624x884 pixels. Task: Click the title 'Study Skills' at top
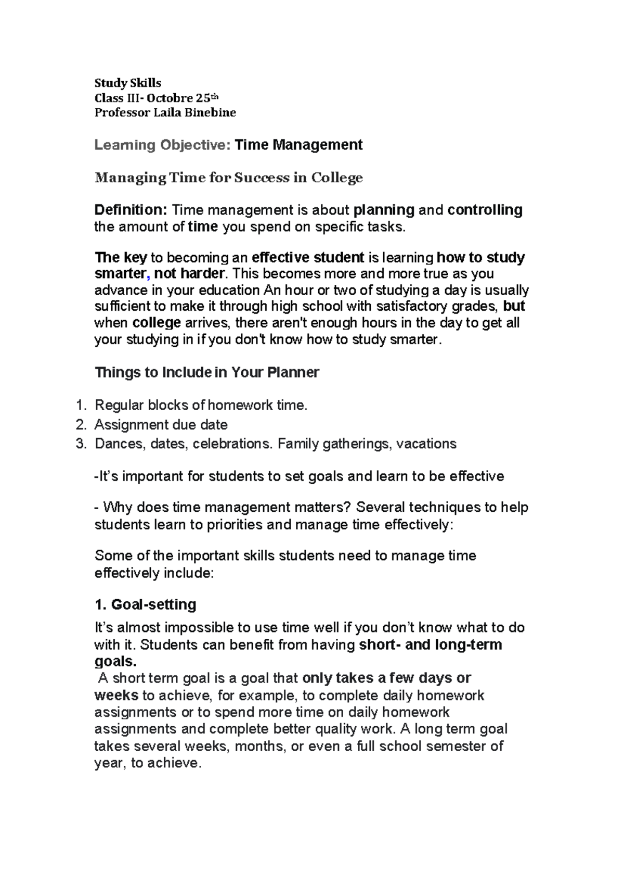click(x=127, y=83)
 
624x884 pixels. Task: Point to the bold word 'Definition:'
click(x=131, y=210)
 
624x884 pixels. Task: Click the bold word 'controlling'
click(x=485, y=210)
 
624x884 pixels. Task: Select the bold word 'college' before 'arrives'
click(x=157, y=323)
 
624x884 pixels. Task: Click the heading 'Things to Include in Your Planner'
click(x=206, y=372)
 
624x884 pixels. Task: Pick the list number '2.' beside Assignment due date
click(x=81, y=425)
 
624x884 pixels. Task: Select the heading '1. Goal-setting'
click(x=146, y=604)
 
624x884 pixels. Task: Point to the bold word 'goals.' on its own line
click(x=115, y=661)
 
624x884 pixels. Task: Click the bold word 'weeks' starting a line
click(x=116, y=695)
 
